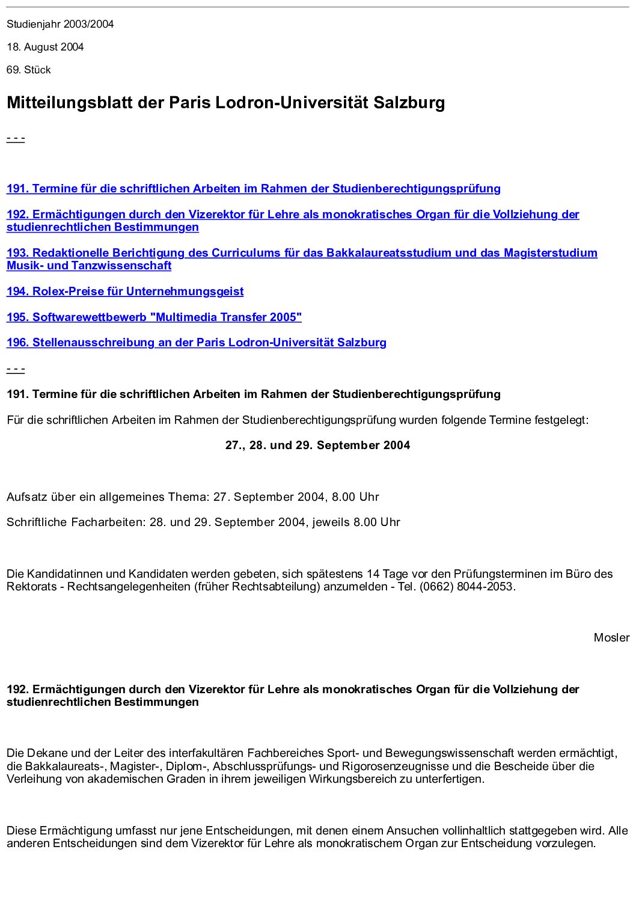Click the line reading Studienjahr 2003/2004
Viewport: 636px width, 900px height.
click(60, 24)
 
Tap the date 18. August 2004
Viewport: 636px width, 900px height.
click(45, 47)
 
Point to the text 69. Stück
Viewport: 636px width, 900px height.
click(28, 70)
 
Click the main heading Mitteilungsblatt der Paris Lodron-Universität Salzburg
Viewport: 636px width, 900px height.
click(225, 103)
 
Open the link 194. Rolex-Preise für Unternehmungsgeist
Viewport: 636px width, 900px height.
click(125, 292)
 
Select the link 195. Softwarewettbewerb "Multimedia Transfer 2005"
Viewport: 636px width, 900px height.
click(154, 317)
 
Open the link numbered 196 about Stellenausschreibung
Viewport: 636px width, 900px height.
click(196, 343)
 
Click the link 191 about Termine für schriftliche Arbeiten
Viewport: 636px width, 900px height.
click(253, 189)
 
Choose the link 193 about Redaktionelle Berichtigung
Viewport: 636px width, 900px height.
click(302, 253)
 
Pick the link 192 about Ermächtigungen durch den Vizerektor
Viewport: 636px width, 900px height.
click(293, 215)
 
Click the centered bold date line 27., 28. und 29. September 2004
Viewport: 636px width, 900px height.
click(317, 445)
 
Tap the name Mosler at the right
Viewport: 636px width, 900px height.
click(611, 638)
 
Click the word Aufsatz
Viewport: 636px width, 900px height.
click(26, 497)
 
